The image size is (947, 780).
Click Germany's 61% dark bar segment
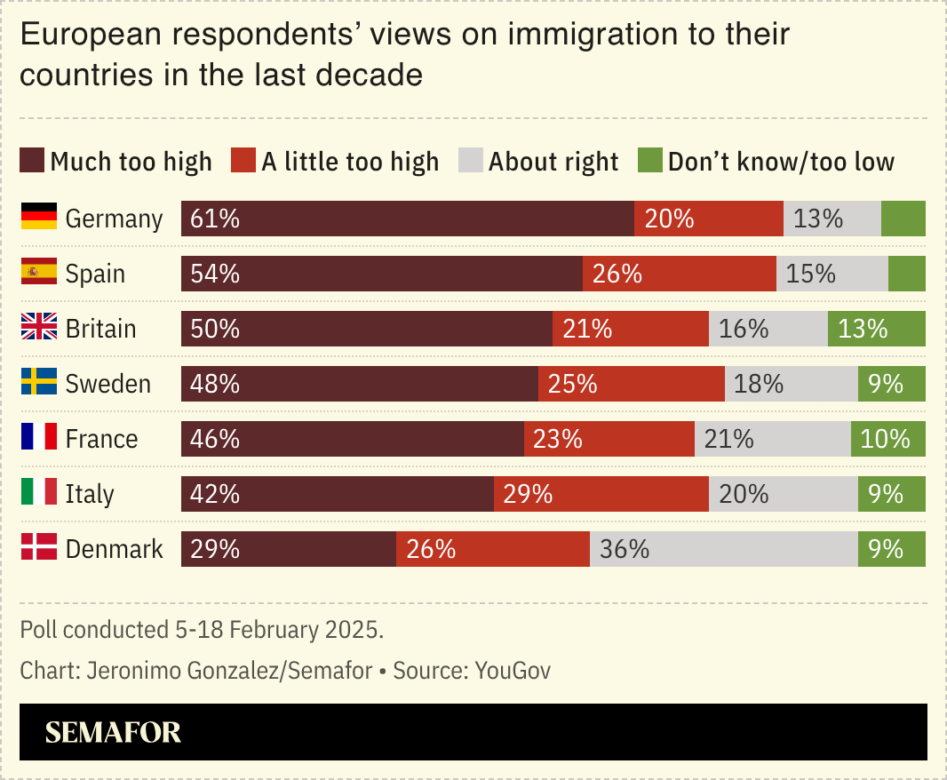coord(407,219)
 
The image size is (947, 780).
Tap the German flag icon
coord(39,218)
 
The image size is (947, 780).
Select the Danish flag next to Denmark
coord(39,548)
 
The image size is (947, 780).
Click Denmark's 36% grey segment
coord(723,549)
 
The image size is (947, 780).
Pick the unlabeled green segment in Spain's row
coord(906,274)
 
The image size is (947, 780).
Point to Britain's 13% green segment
coord(876,329)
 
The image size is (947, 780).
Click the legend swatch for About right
coord(470,162)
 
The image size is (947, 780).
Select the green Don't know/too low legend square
coord(649,162)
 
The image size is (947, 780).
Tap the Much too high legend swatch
coord(32,162)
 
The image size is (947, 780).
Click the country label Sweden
coord(108,384)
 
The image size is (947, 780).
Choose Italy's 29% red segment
coord(601,494)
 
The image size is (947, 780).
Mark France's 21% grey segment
coord(772,439)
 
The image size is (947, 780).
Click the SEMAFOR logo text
coord(113,732)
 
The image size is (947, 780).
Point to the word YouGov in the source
coord(513,671)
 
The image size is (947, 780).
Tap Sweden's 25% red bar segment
coord(631,384)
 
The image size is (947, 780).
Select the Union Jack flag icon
coord(39,328)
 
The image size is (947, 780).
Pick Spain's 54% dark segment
coord(381,274)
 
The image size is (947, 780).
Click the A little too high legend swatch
coord(243,162)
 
